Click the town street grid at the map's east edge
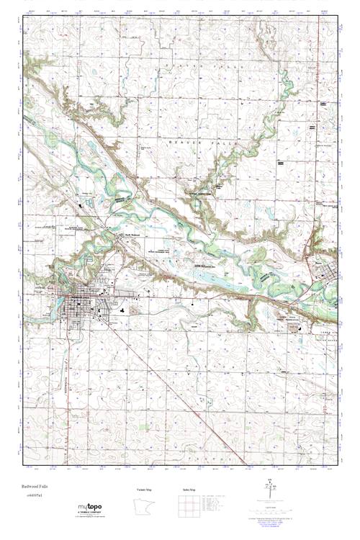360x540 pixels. pyautogui.click(x=330, y=275)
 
